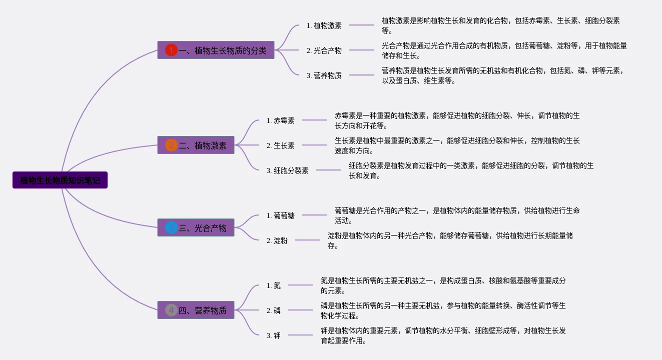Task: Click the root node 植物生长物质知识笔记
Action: [60, 180]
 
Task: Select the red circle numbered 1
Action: [171, 50]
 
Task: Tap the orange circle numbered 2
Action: [171, 145]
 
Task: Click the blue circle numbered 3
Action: [171, 227]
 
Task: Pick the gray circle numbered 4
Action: [171, 310]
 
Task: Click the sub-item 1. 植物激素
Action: [324, 25]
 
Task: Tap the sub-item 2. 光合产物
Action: [324, 50]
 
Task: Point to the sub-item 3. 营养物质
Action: [324, 75]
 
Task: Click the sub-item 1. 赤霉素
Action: [281, 120]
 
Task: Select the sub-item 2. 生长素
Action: [281, 145]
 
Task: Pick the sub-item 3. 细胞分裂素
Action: [288, 170]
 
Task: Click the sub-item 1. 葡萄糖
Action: [281, 215]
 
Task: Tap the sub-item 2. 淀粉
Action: [277, 240]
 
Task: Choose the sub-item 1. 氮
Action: [274, 285]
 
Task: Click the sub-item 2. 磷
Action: [274, 310]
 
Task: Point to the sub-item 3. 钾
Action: [274, 335]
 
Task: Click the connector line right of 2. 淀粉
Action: [308, 240]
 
